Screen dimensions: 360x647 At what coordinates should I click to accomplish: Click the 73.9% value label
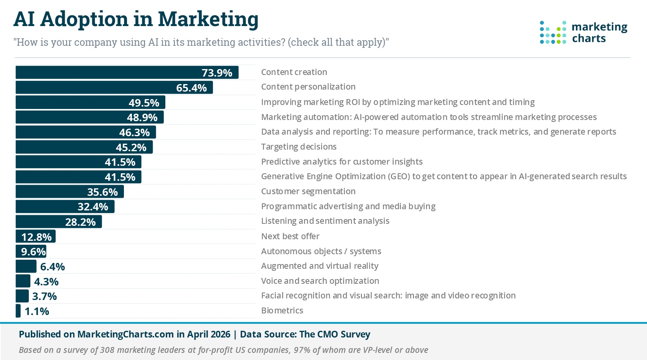pos(217,73)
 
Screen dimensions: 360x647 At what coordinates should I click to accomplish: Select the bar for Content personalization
pos(114,87)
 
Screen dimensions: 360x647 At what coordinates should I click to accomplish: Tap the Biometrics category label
pos(282,311)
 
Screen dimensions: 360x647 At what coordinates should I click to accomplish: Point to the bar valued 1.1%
pos(18,311)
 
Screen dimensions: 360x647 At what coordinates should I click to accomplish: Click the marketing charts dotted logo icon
pos(553,32)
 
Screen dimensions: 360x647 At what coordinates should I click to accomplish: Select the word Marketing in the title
pos(208,19)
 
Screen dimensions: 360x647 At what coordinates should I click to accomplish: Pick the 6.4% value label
pos(52,267)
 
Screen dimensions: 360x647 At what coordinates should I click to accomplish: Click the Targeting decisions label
pos(299,147)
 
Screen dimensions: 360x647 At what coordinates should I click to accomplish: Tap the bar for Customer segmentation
pos(69,192)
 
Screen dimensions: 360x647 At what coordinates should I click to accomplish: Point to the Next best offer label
pos(290,236)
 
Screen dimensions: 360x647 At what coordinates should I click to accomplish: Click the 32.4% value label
pos(93,207)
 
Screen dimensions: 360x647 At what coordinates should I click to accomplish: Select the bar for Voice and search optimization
pos(23,281)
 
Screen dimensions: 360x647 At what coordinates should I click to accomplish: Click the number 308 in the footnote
pos(107,350)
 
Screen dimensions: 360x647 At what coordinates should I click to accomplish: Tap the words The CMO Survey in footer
pos(335,334)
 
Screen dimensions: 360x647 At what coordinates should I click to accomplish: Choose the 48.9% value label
pos(142,118)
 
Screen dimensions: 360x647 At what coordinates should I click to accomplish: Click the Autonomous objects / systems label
pos(321,251)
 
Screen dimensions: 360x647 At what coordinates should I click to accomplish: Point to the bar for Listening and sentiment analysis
pos(58,222)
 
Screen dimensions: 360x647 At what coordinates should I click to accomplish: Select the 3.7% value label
pos(45,296)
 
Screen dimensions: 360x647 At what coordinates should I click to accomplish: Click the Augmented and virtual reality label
pos(320,266)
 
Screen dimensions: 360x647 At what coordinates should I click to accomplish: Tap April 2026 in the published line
pos(209,334)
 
